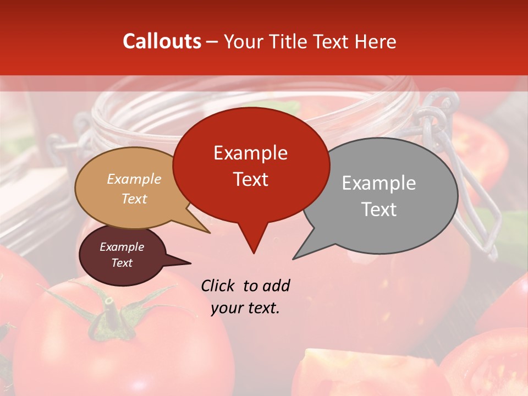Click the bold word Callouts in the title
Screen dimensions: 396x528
162,41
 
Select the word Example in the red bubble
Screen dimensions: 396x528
250,153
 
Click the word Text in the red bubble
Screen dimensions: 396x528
250,179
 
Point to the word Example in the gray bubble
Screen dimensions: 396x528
379,183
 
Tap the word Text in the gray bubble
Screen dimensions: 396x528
379,209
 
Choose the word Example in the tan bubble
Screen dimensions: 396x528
134,179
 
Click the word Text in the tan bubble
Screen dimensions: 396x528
134,199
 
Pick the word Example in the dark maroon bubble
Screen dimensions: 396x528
122,246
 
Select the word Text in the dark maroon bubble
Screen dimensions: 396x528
122,263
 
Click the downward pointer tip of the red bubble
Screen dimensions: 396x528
254,252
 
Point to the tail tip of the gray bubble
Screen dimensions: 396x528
294,258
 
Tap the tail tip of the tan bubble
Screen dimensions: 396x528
209,232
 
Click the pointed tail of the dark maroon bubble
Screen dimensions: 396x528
189,263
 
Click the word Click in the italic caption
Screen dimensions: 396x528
219,285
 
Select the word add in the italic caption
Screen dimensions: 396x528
277,285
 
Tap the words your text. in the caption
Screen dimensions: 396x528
245,308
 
